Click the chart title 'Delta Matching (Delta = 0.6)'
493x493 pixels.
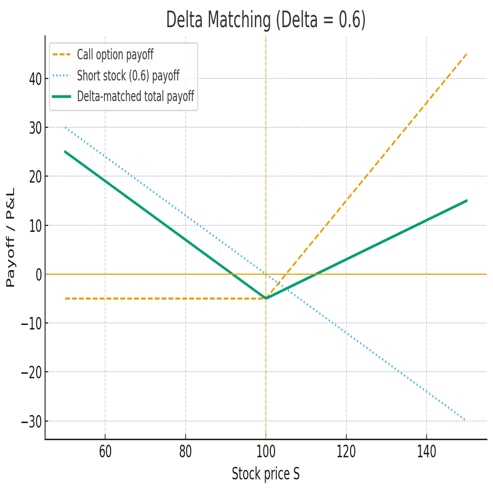(x=265, y=20)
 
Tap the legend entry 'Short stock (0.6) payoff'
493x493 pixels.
(x=128, y=76)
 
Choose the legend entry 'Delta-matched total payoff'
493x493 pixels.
(x=135, y=97)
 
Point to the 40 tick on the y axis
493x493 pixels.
(x=34, y=78)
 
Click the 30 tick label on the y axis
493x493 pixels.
(x=34, y=127)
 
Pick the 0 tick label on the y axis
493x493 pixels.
(x=37, y=274)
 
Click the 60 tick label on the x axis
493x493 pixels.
(x=105, y=452)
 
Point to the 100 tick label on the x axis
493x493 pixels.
(x=266, y=452)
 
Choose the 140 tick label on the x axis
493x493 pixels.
(x=427, y=452)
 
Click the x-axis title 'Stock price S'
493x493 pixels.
(x=266, y=474)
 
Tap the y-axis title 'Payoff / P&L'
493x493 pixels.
(x=11, y=237)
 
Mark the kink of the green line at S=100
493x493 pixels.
(x=266, y=298)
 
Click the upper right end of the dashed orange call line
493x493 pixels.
(x=467, y=53)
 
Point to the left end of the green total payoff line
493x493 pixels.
(x=65, y=151)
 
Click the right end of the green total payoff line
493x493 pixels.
(x=467, y=200)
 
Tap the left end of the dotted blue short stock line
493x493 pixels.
(x=65, y=127)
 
